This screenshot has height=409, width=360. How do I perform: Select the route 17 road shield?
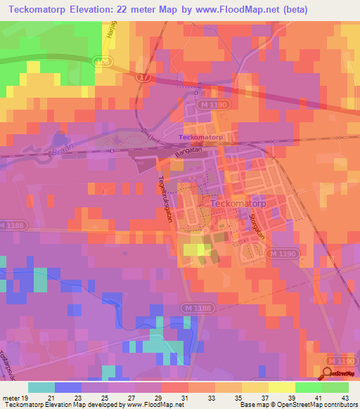pyautogui.click(x=145, y=77)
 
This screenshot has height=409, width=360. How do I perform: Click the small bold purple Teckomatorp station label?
pyautogui.click(x=200, y=137)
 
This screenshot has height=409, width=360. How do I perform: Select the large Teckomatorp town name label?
pyautogui.click(x=238, y=204)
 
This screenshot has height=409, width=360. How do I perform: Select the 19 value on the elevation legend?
pyautogui.click(x=25, y=398)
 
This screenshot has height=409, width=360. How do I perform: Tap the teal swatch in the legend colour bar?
pyautogui.click(x=41, y=387)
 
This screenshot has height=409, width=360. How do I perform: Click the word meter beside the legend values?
pyautogui.click(x=11, y=398)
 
